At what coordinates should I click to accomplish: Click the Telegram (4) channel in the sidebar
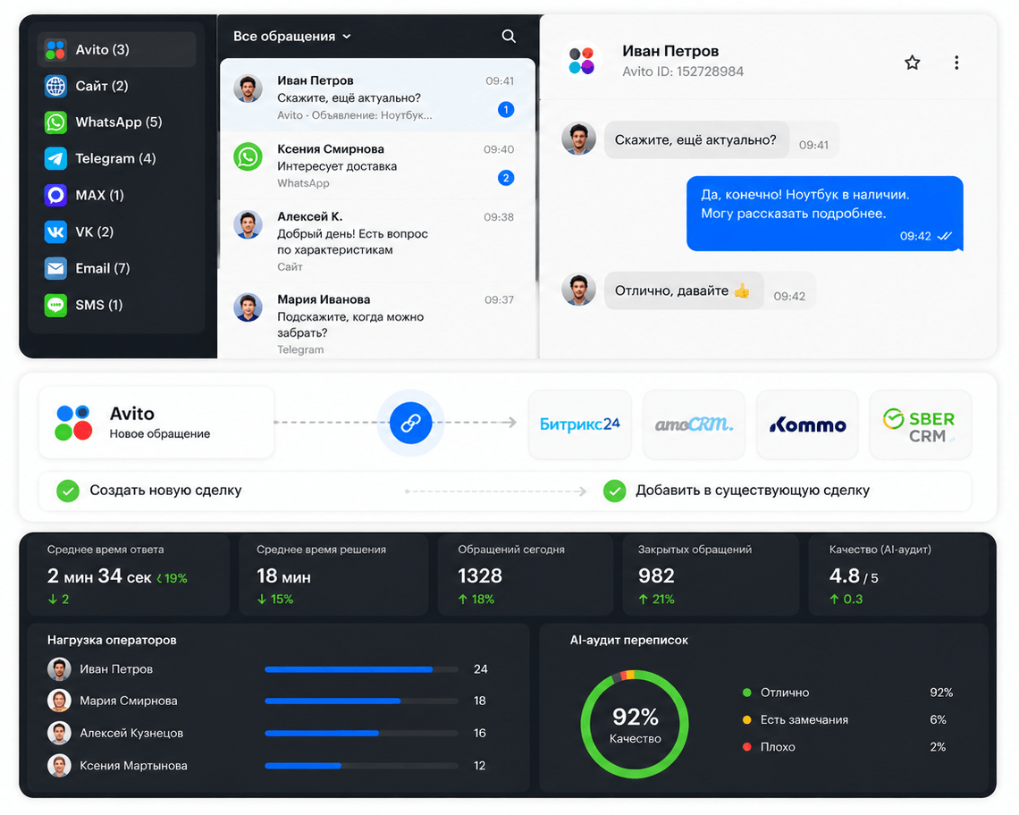coord(100,158)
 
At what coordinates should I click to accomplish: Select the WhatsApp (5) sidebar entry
coord(104,122)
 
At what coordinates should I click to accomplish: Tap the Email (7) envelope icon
coord(55,268)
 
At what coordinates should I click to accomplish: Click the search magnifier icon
coord(509,37)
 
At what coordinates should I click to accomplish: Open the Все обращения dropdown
coord(291,37)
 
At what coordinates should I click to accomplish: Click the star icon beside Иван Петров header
coord(913,63)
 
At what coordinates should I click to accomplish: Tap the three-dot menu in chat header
coord(956,63)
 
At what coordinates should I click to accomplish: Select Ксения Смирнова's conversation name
coord(331,149)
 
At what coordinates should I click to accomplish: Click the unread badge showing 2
coord(506,178)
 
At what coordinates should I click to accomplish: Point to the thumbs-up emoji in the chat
coord(742,290)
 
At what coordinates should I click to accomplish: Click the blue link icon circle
coord(410,423)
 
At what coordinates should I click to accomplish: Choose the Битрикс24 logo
coord(580,424)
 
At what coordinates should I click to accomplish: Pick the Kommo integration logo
coord(808,425)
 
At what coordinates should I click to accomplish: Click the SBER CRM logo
coord(919,425)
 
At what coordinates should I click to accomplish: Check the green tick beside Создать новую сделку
coord(68,491)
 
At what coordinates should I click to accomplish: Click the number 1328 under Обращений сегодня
coord(480,576)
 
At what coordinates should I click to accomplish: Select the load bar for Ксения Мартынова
coord(361,766)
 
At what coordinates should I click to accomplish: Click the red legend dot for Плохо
coord(746,747)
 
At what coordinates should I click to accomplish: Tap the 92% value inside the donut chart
coord(636,717)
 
